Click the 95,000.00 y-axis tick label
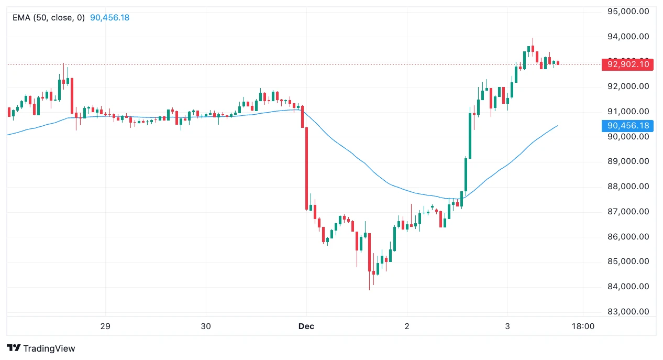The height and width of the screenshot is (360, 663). (x=628, y=12)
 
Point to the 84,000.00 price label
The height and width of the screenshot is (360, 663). (x=628, y=287)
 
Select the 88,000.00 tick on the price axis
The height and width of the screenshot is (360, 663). (x=628, y=187)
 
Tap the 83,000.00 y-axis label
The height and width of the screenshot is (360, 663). (x=628, y=312)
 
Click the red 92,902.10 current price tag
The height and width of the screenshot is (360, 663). (x=628, y=64)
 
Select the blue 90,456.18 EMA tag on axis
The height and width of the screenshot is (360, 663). (x=628, y=126)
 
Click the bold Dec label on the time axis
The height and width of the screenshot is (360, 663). (x=306, y=326)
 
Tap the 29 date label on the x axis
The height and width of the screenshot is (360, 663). (x=105, y=326)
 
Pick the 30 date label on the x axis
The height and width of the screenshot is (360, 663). (x=206, y=326)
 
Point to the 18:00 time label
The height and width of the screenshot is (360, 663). (x=583, y=326)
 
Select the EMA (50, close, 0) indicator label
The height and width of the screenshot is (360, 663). (x=49, y=17)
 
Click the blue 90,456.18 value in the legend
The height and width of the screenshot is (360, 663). (x=109, y=17)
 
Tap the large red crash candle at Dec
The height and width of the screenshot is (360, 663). (x=306, y=168)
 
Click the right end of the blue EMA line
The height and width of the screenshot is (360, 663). (x=557, y=126)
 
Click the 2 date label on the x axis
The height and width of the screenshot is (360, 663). (x=407, y=326)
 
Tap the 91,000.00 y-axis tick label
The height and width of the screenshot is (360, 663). (x=628, y=111)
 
